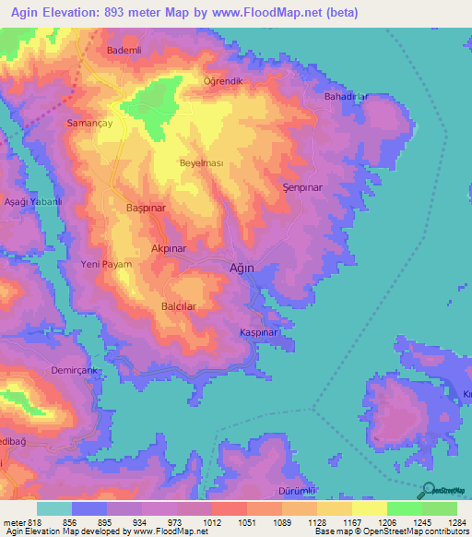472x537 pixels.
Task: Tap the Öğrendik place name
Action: click(x=222, y=81)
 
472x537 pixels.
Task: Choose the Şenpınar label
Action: click(x=301, y=187)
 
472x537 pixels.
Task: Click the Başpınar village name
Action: click(x=146, y=209)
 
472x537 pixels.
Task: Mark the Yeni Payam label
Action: click(x=107, y=265)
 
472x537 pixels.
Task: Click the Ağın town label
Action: click(x=241, y=268)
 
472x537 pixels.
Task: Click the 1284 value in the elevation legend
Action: click(x=457, y=522)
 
